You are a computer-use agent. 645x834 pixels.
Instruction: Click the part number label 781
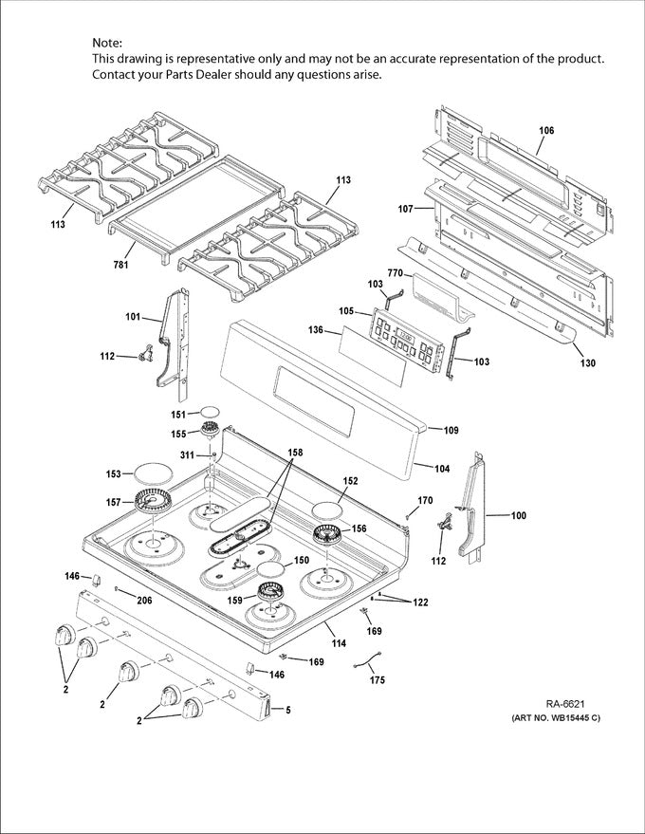[x=120, y=265]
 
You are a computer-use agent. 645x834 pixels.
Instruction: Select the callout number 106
[x=546, y=130]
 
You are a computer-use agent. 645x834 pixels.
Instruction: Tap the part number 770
[x=396, y=273]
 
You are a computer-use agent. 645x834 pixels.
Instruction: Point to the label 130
[x=588, y=362]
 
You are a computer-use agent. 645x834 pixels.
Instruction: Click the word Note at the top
[x=107, y=43]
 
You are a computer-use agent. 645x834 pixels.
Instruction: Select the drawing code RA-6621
[x=565, y=703]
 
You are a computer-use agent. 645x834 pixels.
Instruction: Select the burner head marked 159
[x=267, y=595]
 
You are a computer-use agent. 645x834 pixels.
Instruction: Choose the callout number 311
[x=188, y=455]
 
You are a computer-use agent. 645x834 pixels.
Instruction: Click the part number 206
[x=144, y=601]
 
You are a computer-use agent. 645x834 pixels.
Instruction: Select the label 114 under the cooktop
[x=338, y=644]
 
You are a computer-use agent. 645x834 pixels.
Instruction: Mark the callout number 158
[x=296, y=453]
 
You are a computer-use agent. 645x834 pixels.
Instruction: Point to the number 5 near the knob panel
[x=288, y=710]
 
